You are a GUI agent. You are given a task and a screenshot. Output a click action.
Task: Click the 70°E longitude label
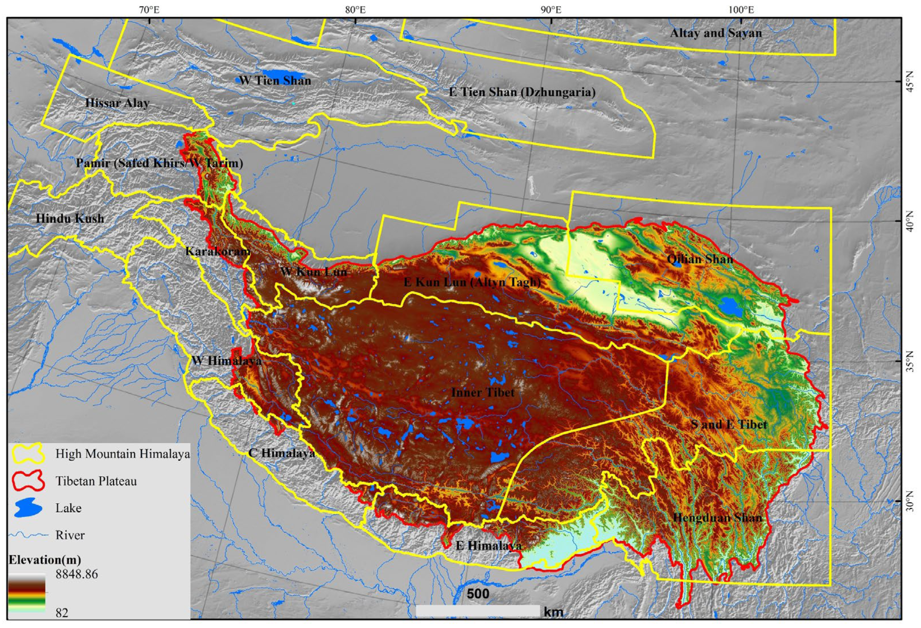pos(149,9)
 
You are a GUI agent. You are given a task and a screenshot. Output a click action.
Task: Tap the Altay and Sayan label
pos(716,33)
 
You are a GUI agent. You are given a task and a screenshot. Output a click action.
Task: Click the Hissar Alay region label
pos(117,103)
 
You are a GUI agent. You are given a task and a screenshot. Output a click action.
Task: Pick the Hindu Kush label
pos(70,218)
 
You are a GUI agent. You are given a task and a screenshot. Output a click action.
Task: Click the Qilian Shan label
pos(700,259)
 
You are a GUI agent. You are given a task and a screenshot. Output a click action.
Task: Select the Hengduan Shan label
pos(717,517)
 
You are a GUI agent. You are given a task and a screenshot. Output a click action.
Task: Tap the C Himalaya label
pos(281,453)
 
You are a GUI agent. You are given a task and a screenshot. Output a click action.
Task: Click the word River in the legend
pos(70,535)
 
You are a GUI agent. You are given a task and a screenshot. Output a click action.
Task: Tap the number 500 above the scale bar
pos(478,594)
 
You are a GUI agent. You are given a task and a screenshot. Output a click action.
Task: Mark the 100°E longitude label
pos(741,9)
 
